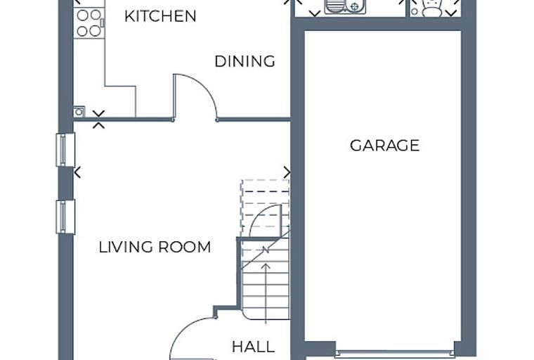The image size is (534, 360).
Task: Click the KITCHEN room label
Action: [x=160, y=16]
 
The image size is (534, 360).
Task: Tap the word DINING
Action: [x=245, y=61]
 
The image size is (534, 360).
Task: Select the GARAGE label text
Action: [x=384, y=146]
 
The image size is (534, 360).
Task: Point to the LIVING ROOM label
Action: [x=155, y=247]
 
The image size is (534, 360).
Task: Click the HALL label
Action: [x=254, y=347]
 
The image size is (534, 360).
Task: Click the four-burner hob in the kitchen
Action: [x=89, y=22]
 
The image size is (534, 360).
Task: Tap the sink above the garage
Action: [x=345, y=7]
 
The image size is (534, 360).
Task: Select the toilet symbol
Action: [x=432, y=8]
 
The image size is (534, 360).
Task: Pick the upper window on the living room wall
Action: [x=65, y=150]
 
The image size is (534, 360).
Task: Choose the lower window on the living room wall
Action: [x=65, y=217]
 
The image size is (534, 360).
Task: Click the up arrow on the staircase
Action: [x=266, y=292]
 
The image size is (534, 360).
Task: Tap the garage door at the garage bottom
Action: [x=395, y=354]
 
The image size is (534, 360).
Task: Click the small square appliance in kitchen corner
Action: [x=79, y=112]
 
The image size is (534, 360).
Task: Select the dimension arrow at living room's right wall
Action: [x=287, y=172]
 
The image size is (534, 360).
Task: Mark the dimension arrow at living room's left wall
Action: [x=78, y=172]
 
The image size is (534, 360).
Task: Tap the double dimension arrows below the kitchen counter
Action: [x=99, y=120]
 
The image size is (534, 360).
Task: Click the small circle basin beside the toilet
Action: [x=415, y=11]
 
